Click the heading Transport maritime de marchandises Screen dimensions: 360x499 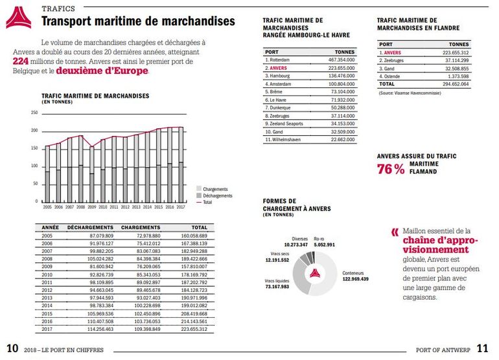click(x=138, y=22)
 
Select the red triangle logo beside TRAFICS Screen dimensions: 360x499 click(x=18, y=19)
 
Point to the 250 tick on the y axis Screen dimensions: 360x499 click(x=34, y=113)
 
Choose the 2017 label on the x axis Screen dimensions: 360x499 click(x=180, y=207)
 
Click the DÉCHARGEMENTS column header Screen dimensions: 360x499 click(x=90, y=228)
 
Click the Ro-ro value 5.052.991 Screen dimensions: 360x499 click(x=321, y=245)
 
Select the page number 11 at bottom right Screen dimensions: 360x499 click(x=483, y=348)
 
